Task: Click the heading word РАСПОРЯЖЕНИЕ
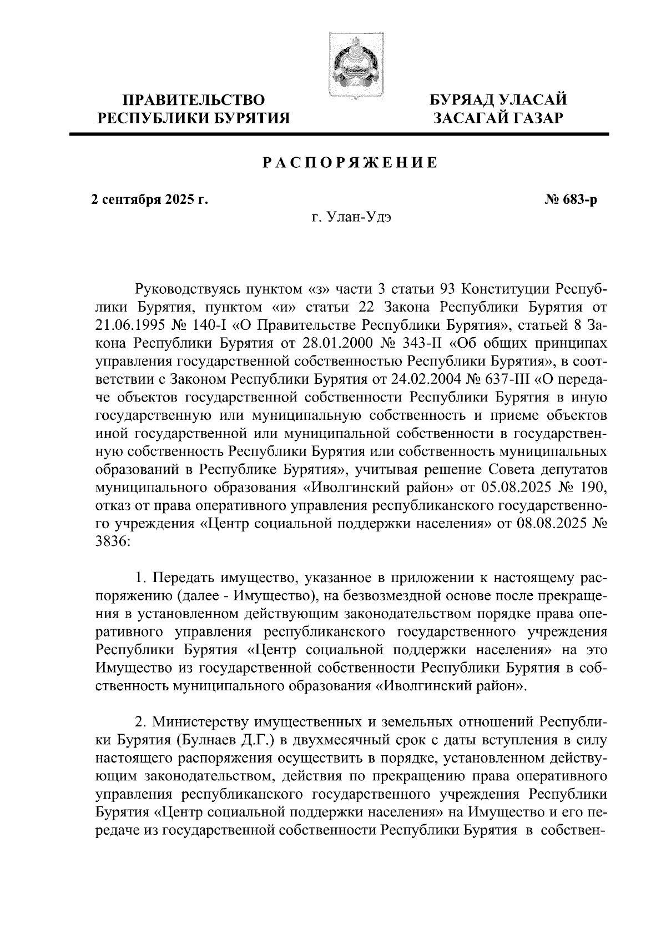tap(350, 163)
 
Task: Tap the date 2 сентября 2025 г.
tap(149, 199)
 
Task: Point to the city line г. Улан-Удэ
tap(351, 218)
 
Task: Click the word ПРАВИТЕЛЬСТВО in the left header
tap(194, 101)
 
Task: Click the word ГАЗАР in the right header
tap(536, 118)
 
